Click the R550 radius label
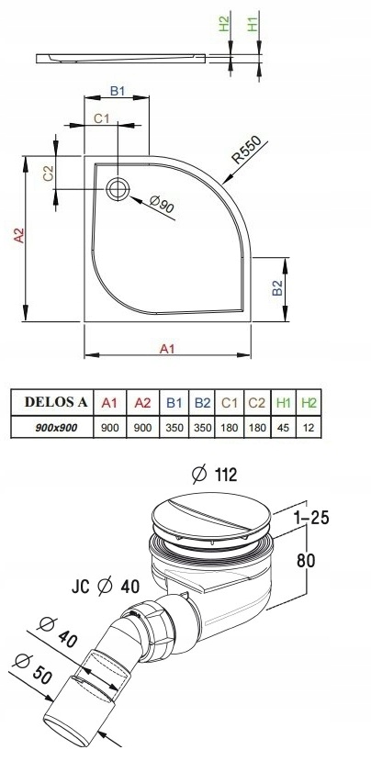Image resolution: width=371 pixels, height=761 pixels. coord(246,150)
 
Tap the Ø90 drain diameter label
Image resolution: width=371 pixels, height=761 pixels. coord(162,205)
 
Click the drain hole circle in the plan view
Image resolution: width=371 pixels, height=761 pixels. coord(118,188)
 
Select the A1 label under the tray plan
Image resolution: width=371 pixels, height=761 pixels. coord(167,349)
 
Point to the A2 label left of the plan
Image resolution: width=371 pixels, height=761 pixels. coord(19,235)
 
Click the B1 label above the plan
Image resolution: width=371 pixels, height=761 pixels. coord(118,91)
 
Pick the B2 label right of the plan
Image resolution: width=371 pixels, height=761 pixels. coord(277,288)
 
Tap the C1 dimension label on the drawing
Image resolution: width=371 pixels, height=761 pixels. coord(102,118)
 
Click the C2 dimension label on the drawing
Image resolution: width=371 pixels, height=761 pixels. coord(48,173)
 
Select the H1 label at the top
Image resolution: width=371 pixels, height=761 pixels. coord(253,24)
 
